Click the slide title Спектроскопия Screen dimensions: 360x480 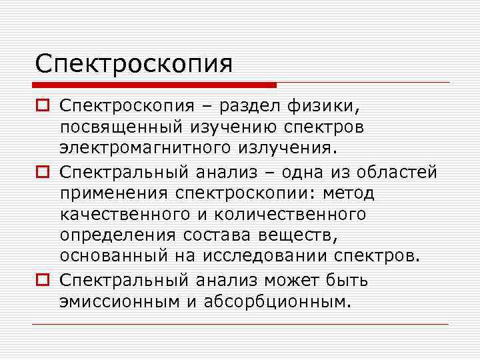[x=135, y=65]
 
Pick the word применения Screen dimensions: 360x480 [x=114, y=193]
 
